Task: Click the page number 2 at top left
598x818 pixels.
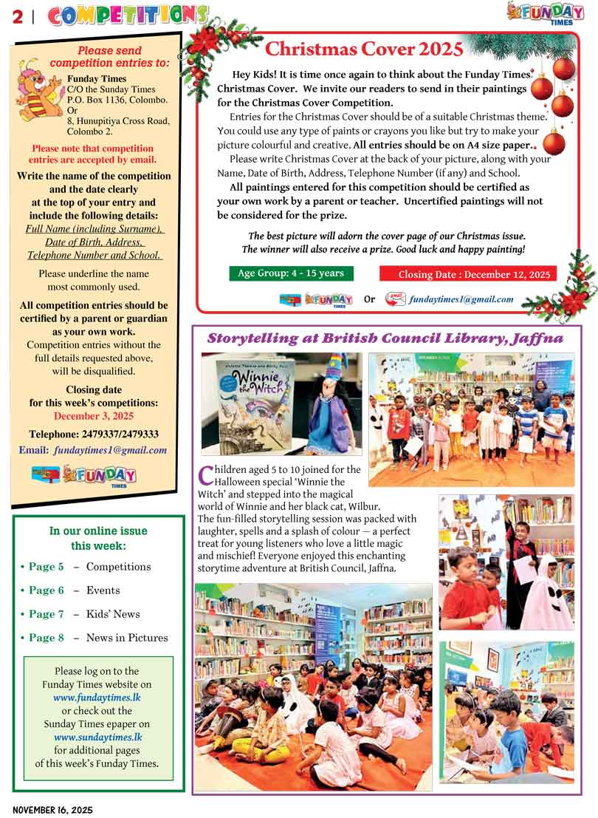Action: click(x=17, y=16)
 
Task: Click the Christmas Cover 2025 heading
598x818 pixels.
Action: click(x=364, y=50)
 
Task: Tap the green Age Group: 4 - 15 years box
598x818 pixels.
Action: click(x=291, y=273)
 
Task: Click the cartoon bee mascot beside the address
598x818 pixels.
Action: click(x=38, y=89)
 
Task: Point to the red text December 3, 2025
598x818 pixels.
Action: click(x=92, y=416)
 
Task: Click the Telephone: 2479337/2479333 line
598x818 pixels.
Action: click(x=94, y=434)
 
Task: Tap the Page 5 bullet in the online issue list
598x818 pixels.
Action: click(x=43, y=567)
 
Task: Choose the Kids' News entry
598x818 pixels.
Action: click(x=112, y=614)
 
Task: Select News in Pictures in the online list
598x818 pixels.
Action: click(x=126, y=638)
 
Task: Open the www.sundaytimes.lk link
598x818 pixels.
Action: click(x=98, y=737)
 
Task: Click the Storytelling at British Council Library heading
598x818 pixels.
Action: click(x=385, y=338)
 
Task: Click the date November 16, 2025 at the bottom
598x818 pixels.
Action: click(x=52, y=809)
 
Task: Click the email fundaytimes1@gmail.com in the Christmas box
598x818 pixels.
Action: click(x=461, y=299)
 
